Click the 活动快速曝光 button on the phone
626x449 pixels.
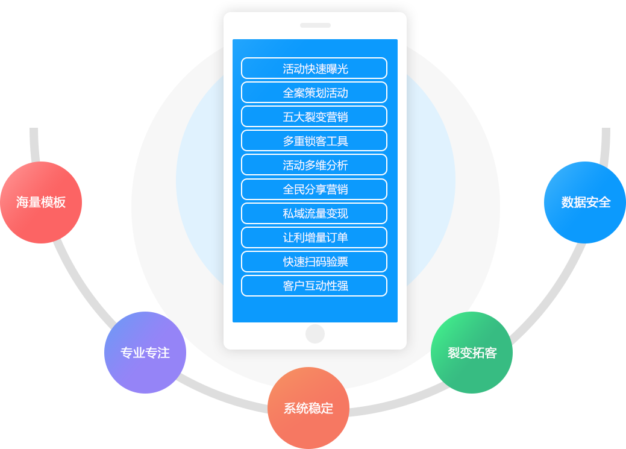[x=314, y=68]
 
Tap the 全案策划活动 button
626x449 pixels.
[x=314, y=92]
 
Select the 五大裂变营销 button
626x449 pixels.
[x=314, y=116]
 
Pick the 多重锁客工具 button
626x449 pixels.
[x=314, y=140]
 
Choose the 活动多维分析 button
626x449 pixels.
[x=314, y=165]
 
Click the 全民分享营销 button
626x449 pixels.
[x=314, y=189]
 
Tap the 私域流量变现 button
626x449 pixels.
[x=314, y=213]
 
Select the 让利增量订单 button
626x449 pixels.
[x=314, y=237]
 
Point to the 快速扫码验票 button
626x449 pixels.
[x=314, y=261]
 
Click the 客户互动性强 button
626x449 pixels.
[x=314, y=285]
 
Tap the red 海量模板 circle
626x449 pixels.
[x=40, y=203]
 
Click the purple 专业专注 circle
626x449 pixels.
[x=145, y=353]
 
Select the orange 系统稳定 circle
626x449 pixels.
[x=308, y=408]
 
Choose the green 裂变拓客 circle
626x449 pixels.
[x=472, y=353]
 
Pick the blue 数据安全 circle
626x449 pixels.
[x=585, y=203]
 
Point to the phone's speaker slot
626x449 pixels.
[x=315, y=25]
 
